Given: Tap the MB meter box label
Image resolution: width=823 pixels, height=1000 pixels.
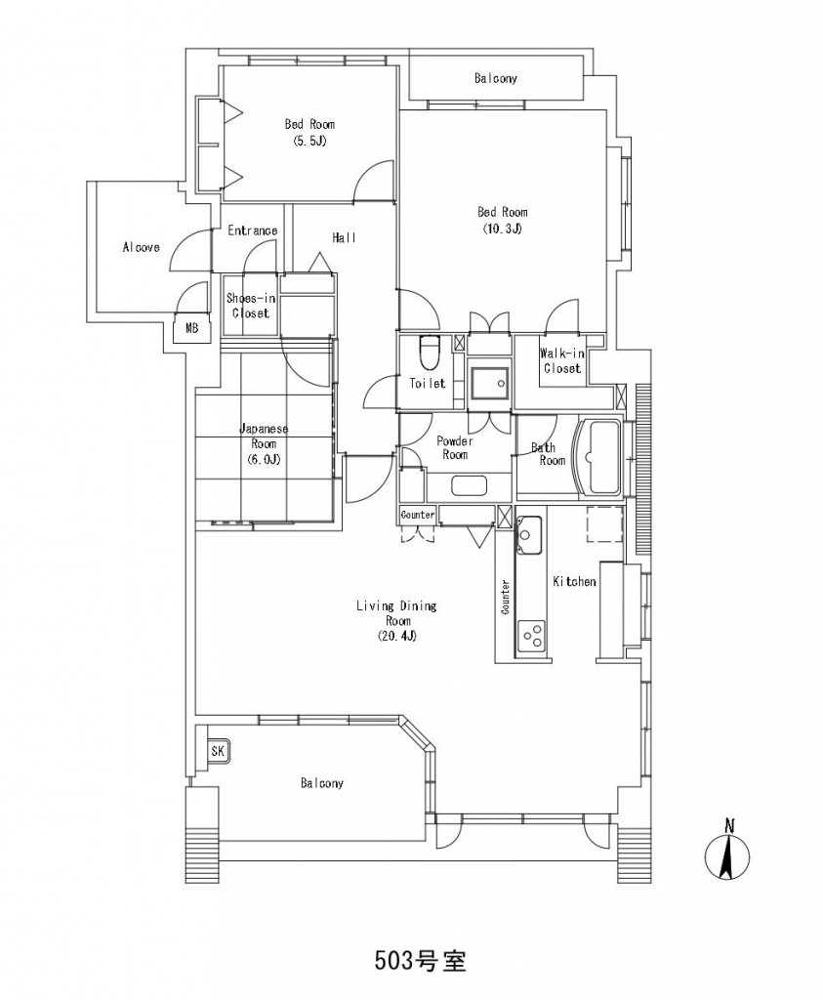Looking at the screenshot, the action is point(192,328).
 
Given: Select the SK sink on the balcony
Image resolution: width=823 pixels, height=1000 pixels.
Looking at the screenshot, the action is point(218,751).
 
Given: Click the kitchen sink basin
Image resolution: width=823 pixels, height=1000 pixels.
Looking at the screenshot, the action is point(529,533).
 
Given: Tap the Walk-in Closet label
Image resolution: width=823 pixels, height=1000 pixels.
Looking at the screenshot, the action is point(562,361).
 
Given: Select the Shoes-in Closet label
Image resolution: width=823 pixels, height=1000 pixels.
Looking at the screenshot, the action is point(251,306).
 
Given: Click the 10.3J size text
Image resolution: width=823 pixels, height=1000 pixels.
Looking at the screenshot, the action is point(503,228).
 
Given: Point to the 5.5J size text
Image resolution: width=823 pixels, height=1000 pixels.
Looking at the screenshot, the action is point(309,141).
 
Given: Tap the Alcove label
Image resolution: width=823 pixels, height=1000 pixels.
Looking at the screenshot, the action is point(141,247).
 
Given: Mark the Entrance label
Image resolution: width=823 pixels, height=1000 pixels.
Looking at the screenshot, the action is point(253,230).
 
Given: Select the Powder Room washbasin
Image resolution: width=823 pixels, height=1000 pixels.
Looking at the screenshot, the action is point(470,486).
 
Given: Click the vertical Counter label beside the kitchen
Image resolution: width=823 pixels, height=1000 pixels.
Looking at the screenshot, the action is point(506,597).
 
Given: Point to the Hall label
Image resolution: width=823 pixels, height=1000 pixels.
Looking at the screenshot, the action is point(345,237).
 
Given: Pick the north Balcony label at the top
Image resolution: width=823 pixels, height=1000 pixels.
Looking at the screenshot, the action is point(495,78).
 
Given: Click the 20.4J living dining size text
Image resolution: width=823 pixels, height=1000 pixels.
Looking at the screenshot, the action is point(396,636).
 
